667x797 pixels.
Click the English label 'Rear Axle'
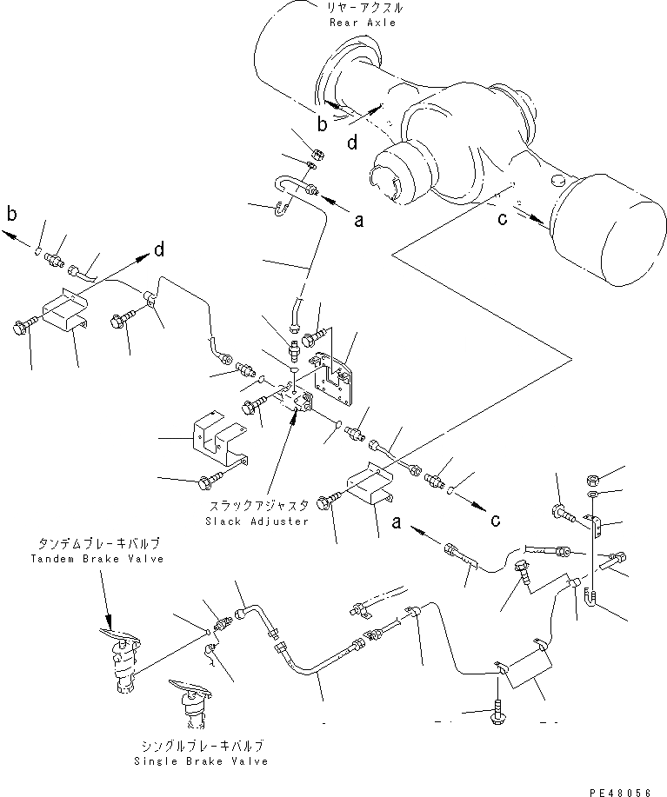[363, 23]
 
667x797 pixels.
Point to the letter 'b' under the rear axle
[322, 125]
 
